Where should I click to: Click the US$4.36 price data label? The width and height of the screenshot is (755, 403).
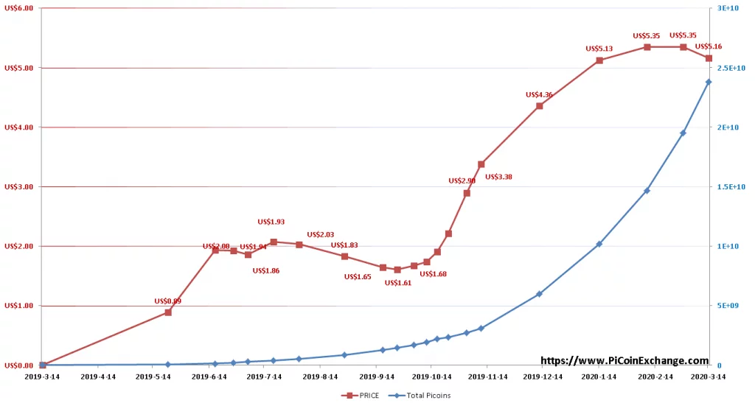539,94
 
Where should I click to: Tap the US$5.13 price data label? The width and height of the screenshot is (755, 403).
599,49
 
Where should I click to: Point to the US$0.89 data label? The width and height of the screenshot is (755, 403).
167,301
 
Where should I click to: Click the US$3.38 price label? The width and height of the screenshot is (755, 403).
498,177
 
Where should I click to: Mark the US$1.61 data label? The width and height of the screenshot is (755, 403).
398,282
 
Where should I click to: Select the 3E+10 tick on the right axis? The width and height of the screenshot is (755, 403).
728,8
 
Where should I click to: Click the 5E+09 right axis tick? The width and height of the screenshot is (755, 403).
728,306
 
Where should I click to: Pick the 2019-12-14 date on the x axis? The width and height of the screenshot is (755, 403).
544,376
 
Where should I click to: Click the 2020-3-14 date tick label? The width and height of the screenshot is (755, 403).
707,376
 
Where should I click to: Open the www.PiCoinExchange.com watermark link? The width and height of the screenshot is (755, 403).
624,361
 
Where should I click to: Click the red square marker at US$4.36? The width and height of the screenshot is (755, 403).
539,106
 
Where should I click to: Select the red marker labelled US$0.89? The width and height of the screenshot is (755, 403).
168,312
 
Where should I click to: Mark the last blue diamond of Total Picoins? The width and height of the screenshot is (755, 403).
709,82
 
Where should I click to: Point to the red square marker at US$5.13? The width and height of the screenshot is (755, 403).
599,60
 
